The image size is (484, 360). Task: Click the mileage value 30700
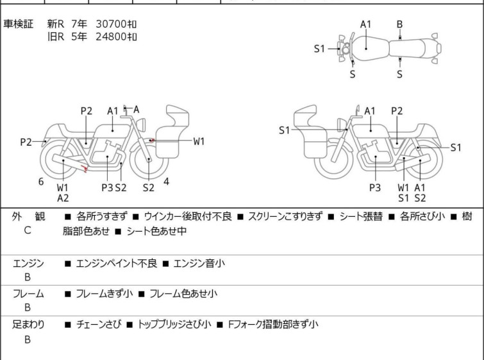(111, 24)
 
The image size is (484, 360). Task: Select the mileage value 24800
(111, 37)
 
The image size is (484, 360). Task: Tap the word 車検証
(18, 24)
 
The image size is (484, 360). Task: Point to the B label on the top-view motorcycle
(399, 24)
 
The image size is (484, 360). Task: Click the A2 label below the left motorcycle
(63, 198)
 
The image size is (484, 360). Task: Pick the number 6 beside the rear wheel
(41, 182)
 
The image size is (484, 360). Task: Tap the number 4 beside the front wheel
(167, 182)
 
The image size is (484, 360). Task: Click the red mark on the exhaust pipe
(84, 169)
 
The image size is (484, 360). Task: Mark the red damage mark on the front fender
(151, 141)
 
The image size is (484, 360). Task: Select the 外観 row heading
(28, 216)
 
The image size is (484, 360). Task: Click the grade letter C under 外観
(28, 230)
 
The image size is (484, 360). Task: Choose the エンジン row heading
(28, 263)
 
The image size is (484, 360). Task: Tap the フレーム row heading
(28, 293)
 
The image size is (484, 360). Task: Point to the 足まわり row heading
(28, 324)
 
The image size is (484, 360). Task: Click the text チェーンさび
(99, 324)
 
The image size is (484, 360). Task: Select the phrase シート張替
(361, 216)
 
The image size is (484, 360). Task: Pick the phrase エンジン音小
(199, 263)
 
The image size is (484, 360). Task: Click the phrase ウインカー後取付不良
(188, 216)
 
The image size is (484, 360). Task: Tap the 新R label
(56, 24)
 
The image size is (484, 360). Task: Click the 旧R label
(56, 37)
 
